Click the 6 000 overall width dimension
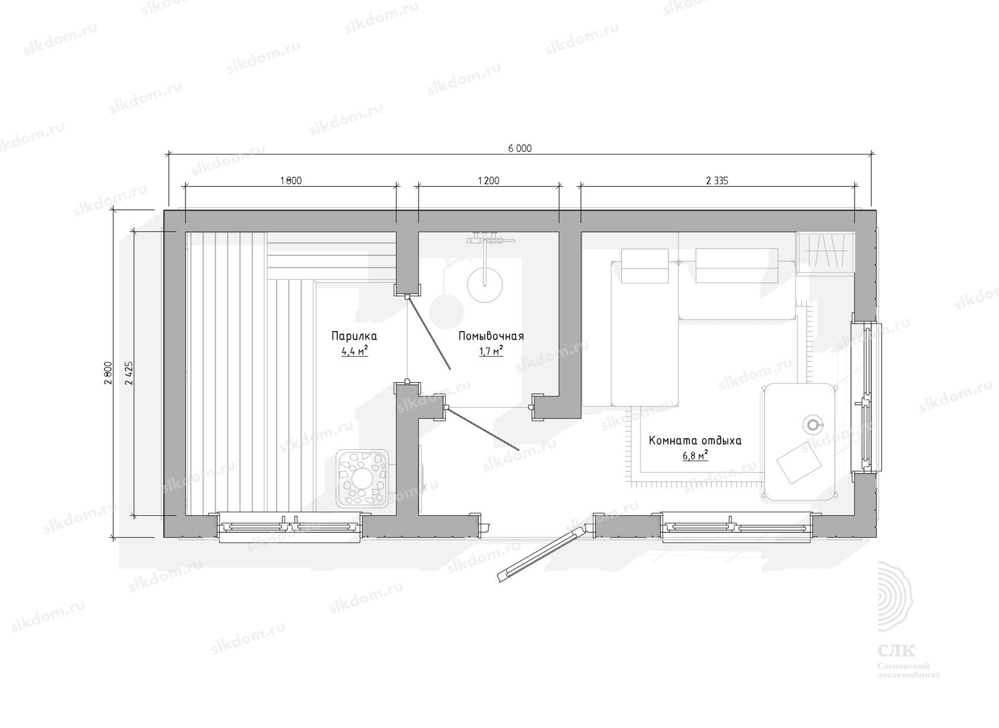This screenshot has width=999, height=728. tap(520, 148)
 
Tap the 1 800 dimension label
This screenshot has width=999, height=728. tap(291, 181)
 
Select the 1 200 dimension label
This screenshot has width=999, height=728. tap(488, 181)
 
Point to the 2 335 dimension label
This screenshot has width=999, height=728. tap(717, 181)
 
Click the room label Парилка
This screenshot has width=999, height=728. tap(354, 336)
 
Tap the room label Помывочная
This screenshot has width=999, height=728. tap(491, 336)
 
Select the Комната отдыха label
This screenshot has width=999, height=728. tap(695, 440)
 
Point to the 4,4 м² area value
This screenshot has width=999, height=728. tap(354, 351)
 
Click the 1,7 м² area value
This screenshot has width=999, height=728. tap(491, 351)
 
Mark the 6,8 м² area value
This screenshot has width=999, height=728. tap(695, 456)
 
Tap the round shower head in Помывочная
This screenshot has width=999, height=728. tap(485, 285)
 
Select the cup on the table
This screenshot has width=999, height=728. tap(813, 424)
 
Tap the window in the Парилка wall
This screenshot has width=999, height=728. tap(290, 527)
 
